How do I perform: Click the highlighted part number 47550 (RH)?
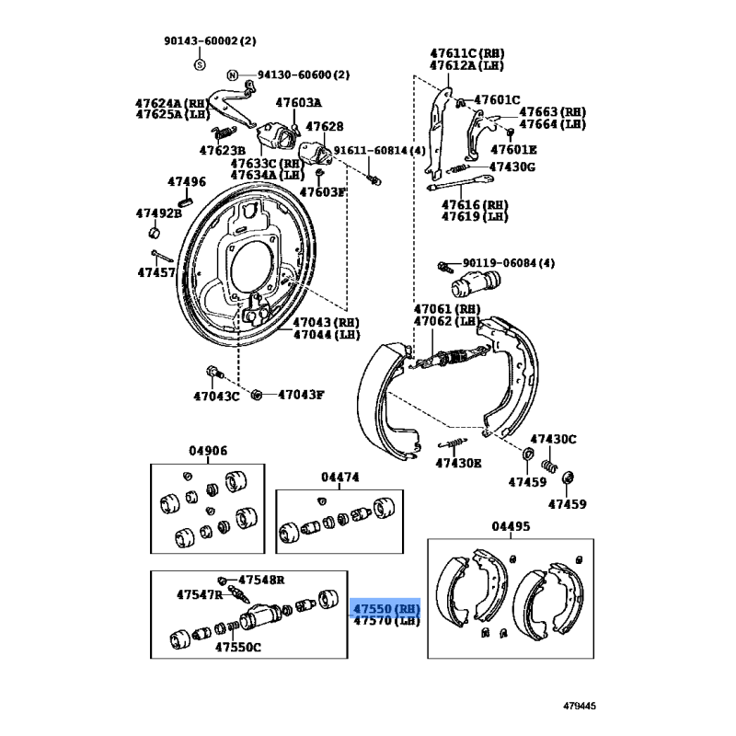(x=385, y=609)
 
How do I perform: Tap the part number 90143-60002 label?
(x=211, y=41)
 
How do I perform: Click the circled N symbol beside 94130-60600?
(x=233, y=75)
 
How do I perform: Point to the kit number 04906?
(x=209, y=451)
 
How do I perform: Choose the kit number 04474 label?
(x=339, y=477)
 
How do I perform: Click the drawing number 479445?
(x=581, y=706)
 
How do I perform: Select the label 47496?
(x=187, y=182)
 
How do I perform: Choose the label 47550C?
(x=238, y=647)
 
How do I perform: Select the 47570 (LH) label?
(x=385, y=622)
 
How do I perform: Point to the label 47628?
(x=324, y=126)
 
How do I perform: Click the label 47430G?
(x=512, y=167)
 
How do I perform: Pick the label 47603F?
(x=322, y=191)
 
